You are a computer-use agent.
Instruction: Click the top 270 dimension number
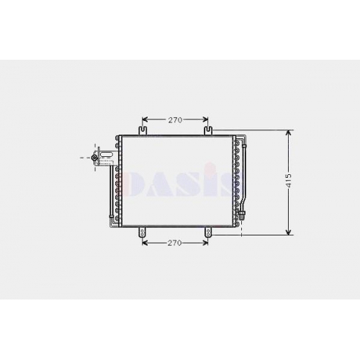click(x=175, y=120)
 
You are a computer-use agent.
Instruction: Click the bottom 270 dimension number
click(x=174, y=243)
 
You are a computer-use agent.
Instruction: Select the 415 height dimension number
click(x=289, y=180)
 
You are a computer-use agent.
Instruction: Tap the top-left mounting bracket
click(x=143, y=131)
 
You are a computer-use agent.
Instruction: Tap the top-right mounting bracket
click(x=208, y=131)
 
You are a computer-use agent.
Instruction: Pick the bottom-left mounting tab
click(x=143, y=233)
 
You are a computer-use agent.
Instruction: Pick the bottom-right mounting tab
click(x=208, y=233)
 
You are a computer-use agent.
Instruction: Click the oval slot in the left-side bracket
click(x=106, y=155)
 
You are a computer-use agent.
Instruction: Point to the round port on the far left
click(x=94, y=158)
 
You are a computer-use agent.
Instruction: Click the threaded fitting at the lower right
click(x=241, y=215)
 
